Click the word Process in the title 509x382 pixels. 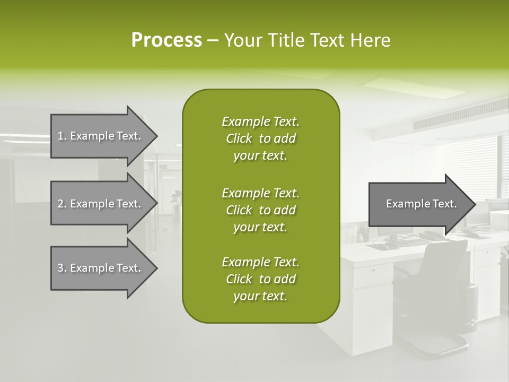click(x=166, y=40)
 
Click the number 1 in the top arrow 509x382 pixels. click(x=60, y=136)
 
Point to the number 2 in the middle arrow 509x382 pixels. click(x=60, y=204)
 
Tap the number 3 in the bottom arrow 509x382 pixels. click(x=60, y=268)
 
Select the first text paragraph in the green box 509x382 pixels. click(x=260, y=138)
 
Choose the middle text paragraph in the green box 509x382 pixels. click(x=260, y=210)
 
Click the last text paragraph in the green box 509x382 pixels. click(x=260, y=279)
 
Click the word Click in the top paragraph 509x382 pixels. click(x=239, y=138)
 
